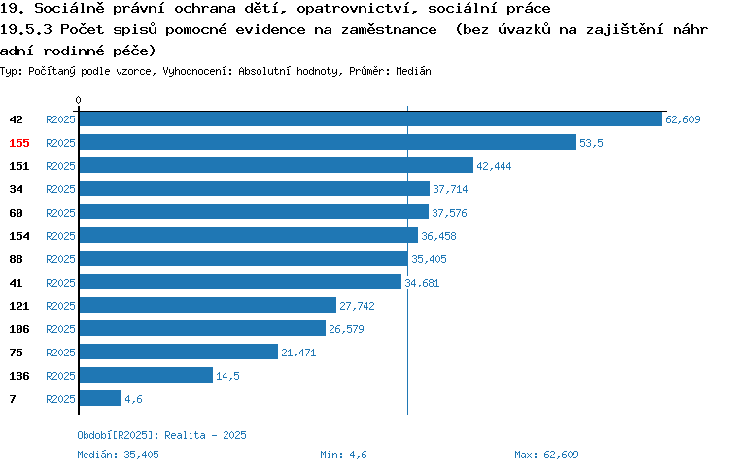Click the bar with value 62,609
[x=370, y=118]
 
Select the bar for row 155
[x=328, y=142]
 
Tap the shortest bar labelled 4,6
[x=100, y=398]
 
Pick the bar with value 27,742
[x=208, y=305]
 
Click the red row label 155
[x=19, y=143]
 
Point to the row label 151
[x=19, y=166]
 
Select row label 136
[x=19, y=376]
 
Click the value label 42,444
[x=494, y=166]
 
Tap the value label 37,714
[x=450, y=189]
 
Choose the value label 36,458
[x=438, y=236]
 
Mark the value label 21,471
[x=298, y=353]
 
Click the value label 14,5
[x=227, y=376]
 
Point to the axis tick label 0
[x=78, y=100]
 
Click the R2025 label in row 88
[x=60, y=259]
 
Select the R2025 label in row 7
[x=60, y=399]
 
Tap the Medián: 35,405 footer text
[x=118, y=455]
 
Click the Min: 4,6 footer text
[x=343, y=455]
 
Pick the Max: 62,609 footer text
[x=546, y=455]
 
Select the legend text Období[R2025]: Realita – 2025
[x=161, y=435]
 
